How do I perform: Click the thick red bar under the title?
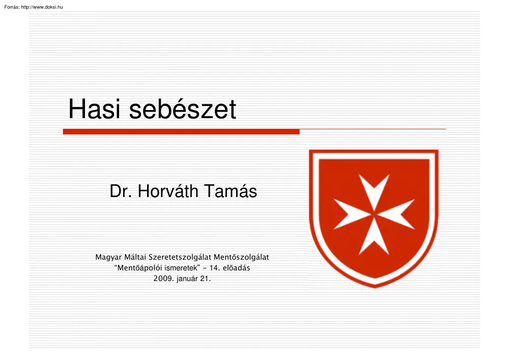(181, 131)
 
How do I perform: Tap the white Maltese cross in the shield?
(374, 214)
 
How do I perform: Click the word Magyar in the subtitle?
(108, 258)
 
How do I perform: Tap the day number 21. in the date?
(206, 279)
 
